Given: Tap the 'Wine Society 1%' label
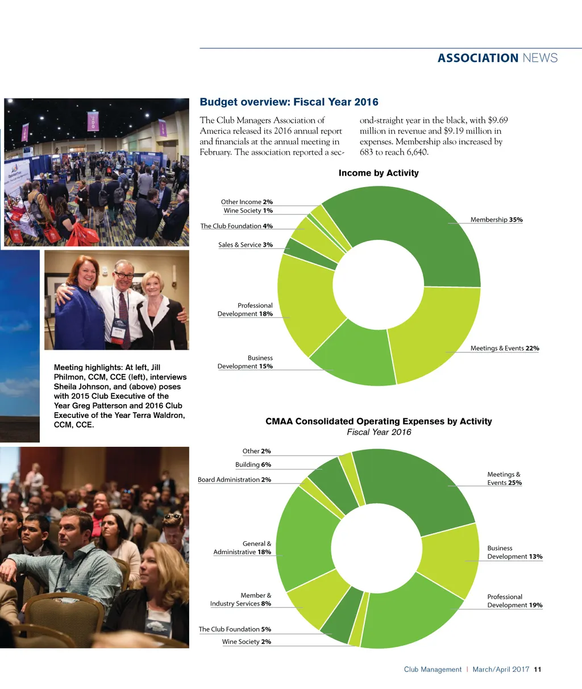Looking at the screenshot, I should pyautogui.click(x=248, y=211).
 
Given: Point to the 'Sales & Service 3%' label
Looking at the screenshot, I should pyautogui.click(x=246, y=245).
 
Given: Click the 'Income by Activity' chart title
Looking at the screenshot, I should pyautogui.click(x=379, y=173).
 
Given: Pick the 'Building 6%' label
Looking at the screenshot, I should pyautogui.click(x=253, y=465).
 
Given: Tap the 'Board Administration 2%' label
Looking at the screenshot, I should pyautogui.click(x=234, y=480).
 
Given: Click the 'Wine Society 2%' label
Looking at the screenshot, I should pyautogui.click(x=247, y=642).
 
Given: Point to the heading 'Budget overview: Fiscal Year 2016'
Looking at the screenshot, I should pyautogui.click(x=289, y=102).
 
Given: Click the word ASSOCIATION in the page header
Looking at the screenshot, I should pyautogui.click(x=478, y=58).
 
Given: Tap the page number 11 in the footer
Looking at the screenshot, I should pyautogui.click(x=538, y=670).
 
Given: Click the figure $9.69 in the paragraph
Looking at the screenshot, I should pyautogui.click(x=498, y=121).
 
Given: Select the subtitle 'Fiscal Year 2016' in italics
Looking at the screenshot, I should pyautogui.click(x=379, y=432).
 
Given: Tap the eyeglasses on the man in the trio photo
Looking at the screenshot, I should pyautogui.click(x=124, y=275).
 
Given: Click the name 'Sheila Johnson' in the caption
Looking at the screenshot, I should pyautogui.click(x=82, y=387).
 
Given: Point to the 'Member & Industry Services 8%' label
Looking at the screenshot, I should pyautogui.click(x=241, y=600).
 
